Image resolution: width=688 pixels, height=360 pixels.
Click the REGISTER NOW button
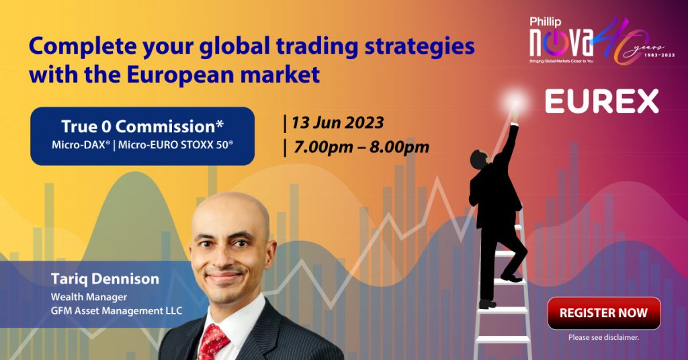click(x=604, y=312)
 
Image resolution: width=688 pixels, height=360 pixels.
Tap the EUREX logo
click(x=602, y=101)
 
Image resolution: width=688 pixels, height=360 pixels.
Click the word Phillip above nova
click(x=545, y=21)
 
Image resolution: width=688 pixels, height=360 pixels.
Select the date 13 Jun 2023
click(x=337, y=122)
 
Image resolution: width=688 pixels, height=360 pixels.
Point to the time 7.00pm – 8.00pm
click(x=361, y=147)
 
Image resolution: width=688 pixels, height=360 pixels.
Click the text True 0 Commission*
click(x=142, y=126)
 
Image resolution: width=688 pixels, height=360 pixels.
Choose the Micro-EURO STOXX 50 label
click(x=175, y=144)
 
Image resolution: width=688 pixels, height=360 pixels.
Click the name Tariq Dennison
click(x=105, y=279)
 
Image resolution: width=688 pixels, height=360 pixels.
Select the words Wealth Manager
click(x=89, y=297)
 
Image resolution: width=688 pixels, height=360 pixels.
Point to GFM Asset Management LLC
click(x=116, y=311)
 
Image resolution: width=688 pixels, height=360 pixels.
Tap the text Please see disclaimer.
click(x=604, y=337)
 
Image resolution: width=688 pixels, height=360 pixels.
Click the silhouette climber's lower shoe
click(x=488, y=304)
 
